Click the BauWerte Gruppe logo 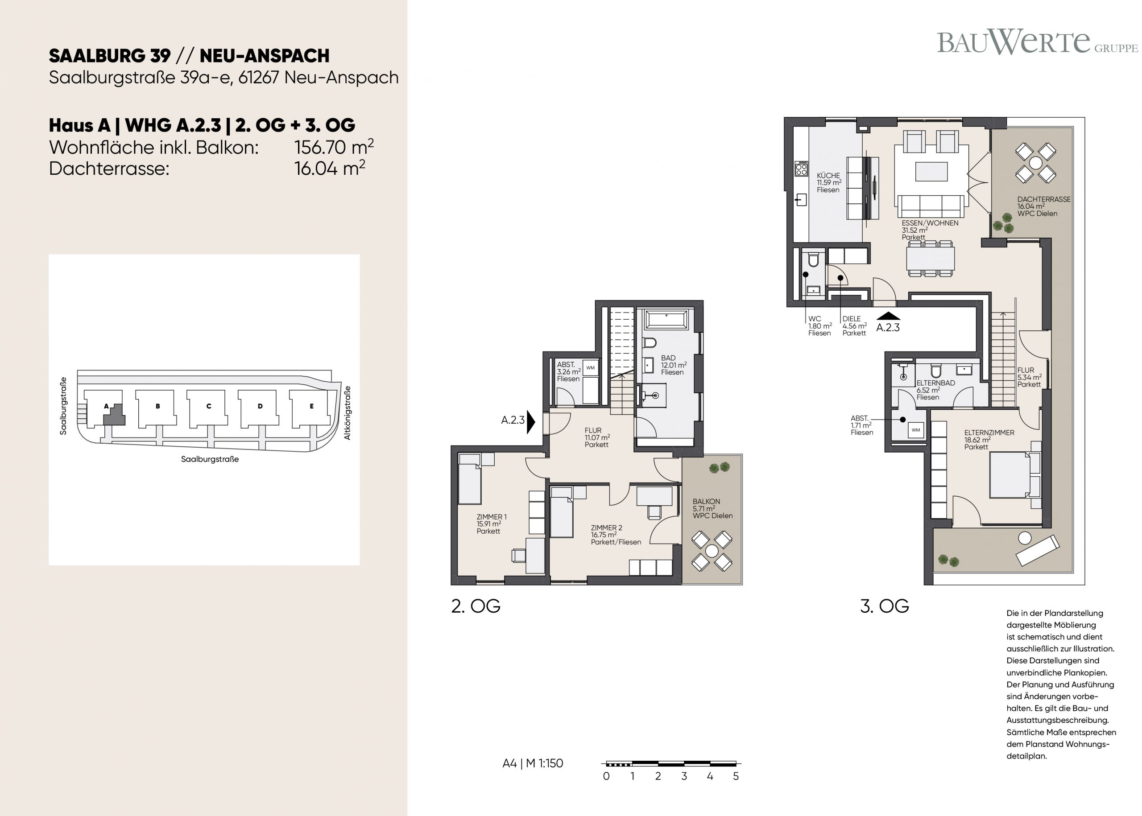[1037, 43]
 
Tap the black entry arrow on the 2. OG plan [531, 420]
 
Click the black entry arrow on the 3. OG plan [888, 316]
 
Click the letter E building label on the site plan [312, 406]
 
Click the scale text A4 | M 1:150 [533, 763]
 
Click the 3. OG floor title [885, 606]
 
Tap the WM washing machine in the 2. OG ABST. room [591, 368]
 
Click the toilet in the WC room [813, 260]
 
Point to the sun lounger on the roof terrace [1038, 550]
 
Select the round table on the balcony [712, 551]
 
